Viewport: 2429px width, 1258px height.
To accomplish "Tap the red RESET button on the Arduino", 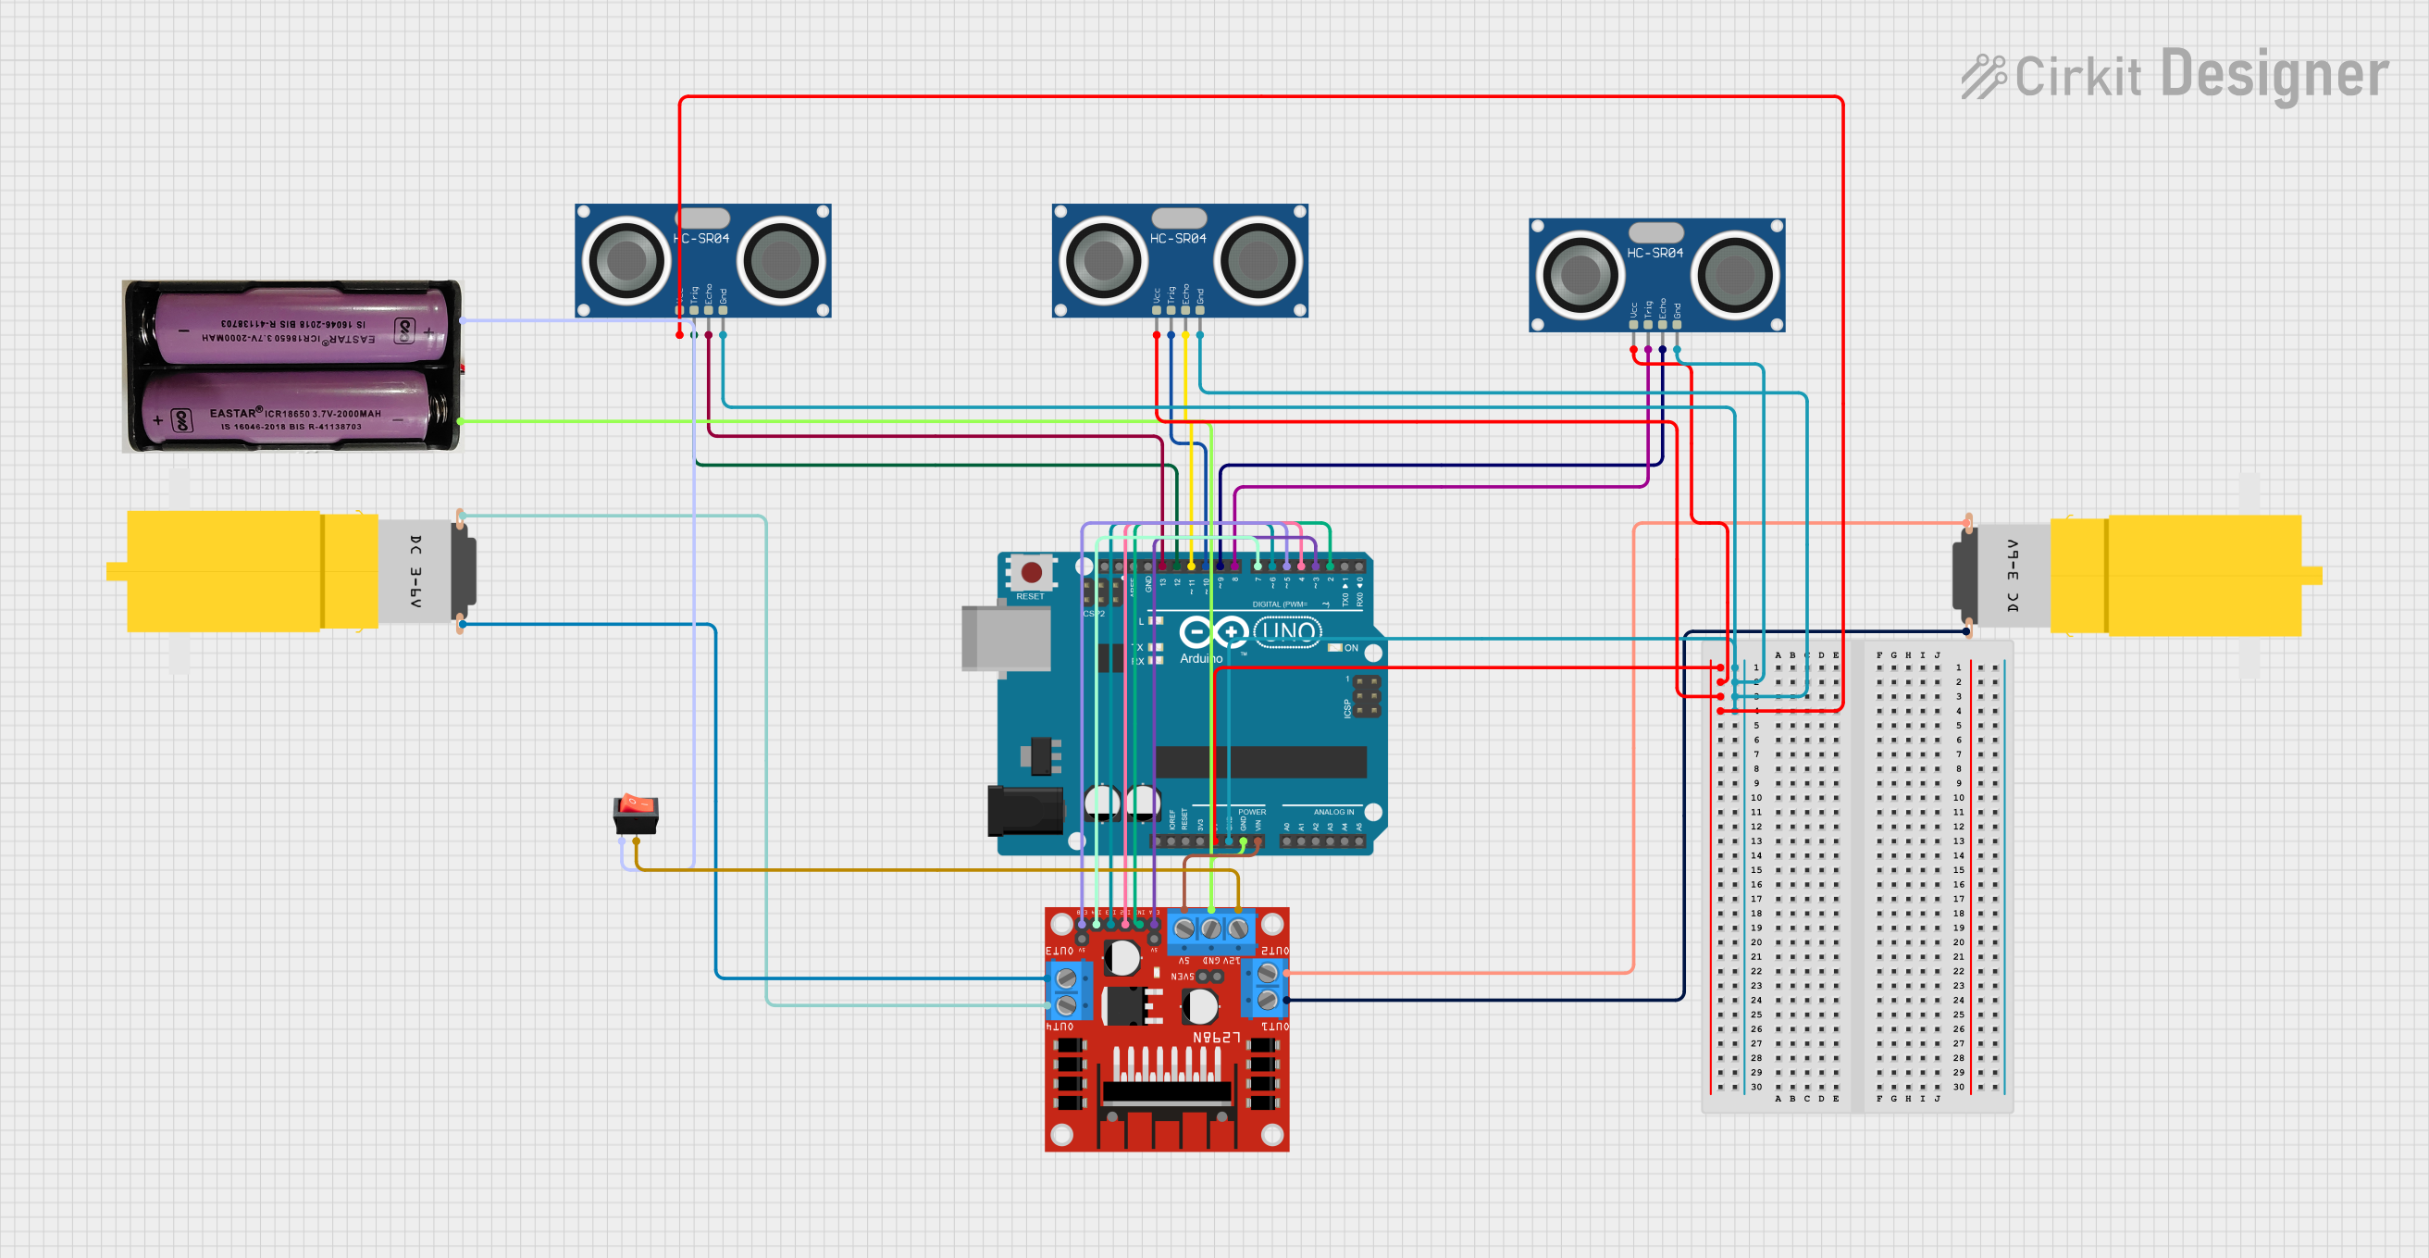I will [x=1032, y=571].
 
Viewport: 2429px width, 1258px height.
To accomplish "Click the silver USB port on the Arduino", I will [x=1005, y=639].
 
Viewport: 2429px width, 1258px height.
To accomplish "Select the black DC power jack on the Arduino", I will [x=1024, y=809].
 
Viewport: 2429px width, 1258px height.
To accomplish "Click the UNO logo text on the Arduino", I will [x=1288, y=631].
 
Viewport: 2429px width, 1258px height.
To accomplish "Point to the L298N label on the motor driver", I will [x=1217, y=1038].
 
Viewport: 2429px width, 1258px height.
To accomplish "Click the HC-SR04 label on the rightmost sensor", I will [x=1654, y=253].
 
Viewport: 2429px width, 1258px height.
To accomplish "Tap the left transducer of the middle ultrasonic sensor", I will [x=1101, y=259].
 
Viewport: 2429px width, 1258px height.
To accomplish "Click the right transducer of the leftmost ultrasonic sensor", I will [x=782, y=259].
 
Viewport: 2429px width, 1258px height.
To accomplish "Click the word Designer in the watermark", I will [x=2274, y=74].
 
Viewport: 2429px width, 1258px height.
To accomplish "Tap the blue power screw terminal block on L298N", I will [x=1210, y=930].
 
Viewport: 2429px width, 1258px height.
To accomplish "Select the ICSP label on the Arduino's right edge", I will [x=1347, y=708].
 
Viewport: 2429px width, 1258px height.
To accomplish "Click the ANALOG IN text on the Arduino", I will [x=1333, y=812].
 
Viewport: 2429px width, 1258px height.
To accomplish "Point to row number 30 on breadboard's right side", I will [x=1959, y=1087].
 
